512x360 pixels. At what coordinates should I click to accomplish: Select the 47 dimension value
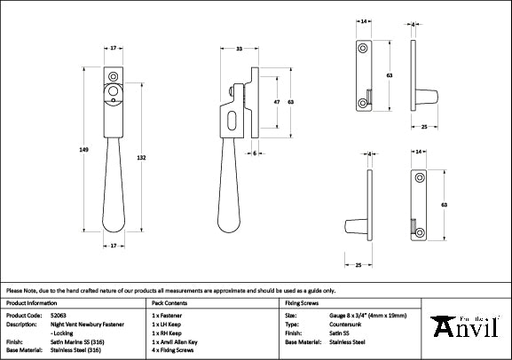click(276, 103)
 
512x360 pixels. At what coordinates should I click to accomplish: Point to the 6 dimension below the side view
click(255, 153)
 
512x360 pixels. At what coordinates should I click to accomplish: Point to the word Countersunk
click(340, 324)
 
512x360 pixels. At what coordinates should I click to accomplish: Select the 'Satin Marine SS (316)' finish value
click(81, 340)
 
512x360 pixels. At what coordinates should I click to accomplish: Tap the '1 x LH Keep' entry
click(168, 324)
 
